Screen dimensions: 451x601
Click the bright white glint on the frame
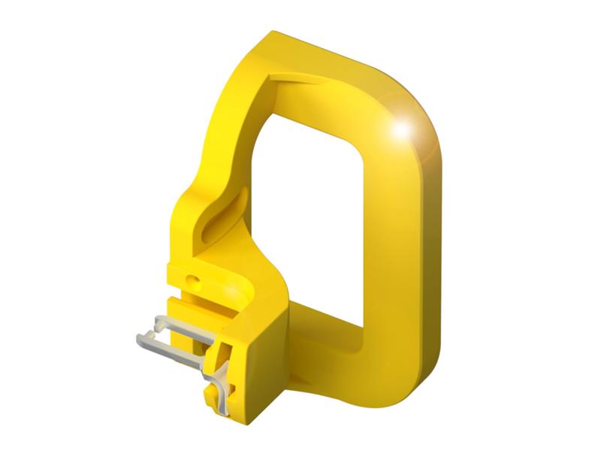pyautogui.click(x=403, y=129)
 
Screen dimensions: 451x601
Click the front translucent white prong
pyautogui.click(x=169, y=342)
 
